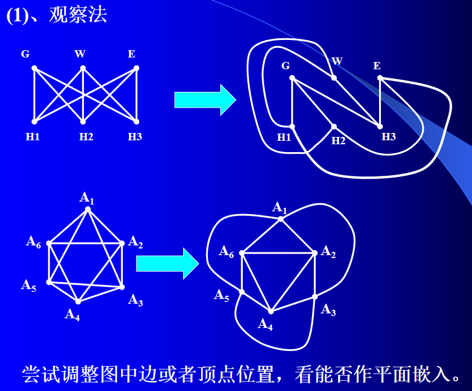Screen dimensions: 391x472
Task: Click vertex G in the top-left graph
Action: click(x=34, y=68)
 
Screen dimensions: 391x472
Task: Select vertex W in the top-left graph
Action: click(x=82, y=68)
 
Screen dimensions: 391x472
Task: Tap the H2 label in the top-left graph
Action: click(x=86, y=136)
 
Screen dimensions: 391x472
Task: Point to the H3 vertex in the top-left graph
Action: click(x=136, y=122)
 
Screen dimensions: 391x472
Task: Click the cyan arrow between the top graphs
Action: click(x=204, y=100)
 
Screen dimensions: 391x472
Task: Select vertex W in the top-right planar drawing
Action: click(x=334, y=78)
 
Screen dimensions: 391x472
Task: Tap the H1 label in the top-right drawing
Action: click(x=284, y=137)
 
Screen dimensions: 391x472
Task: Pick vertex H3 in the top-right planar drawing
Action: click(x=380, y=126)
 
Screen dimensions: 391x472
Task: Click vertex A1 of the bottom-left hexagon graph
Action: click(x=87, y=209)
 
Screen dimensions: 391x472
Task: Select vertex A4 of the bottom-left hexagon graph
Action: click(x=78, y=302)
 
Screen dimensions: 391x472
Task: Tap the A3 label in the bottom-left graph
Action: click(x=135, y=300)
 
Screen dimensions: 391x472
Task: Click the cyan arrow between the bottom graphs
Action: click(x=167, y=263)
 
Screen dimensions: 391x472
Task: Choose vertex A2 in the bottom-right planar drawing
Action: click(x=315, y=252)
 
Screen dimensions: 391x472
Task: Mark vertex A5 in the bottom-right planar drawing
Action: click(x=242, y=291)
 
